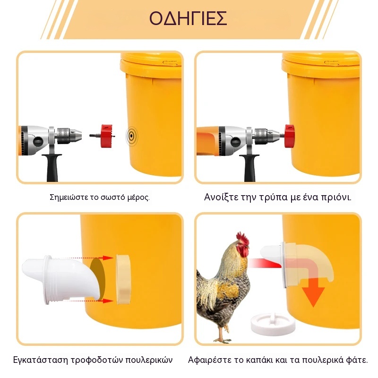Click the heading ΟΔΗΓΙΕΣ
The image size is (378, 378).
pos(188,18)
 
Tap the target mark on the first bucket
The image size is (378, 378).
pos(131,136)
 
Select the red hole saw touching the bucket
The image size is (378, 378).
pos(289,136)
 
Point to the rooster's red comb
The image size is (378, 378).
pos(243,239)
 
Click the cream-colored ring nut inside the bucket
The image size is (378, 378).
pos(123,279)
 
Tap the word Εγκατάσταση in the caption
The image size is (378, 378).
pos(41,360)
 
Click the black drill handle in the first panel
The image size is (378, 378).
pos(52,168)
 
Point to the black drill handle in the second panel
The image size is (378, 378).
pos(249,168)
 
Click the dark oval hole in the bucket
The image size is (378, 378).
pos(98,279)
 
